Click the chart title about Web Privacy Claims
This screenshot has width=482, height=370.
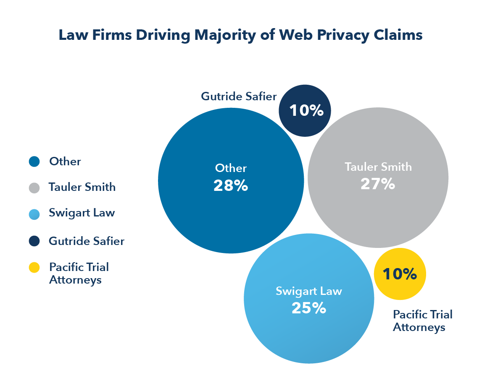tap(240, 35)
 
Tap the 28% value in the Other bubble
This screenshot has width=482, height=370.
tap(231, 185)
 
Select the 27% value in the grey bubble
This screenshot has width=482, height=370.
tap(378, 184)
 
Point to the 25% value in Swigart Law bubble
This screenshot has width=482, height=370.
tap(309, 308)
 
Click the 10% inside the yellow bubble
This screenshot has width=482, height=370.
tap(400, 274)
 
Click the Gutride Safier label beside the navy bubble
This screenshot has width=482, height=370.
tap(239, 96)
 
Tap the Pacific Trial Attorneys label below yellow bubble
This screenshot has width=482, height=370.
tap(422, 320)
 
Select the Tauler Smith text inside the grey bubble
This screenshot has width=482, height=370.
tap(378, 167)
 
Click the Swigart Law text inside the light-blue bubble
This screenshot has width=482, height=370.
tap(309, 291)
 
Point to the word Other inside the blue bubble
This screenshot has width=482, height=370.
tap(231, 168)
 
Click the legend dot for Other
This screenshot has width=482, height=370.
tap(34, 162)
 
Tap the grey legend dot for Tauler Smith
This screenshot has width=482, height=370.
tap(34, 188)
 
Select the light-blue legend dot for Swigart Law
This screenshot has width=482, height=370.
tap(34, 214)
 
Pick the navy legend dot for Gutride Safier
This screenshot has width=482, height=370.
tap(34, 241)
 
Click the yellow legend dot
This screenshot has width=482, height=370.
tap(34, 268)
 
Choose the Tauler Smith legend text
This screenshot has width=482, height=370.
tap(82, 187)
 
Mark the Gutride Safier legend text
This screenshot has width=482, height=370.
tap(87, 241)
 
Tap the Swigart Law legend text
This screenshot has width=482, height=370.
tap(82, 213)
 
